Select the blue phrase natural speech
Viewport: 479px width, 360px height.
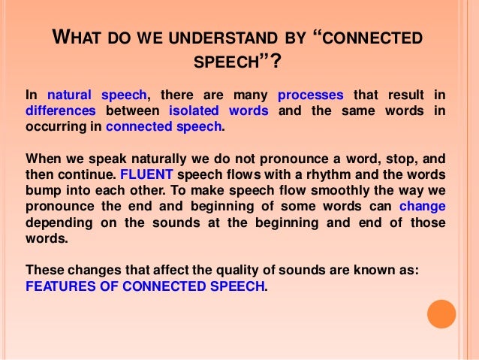pyautogui.click(x=98, y=95)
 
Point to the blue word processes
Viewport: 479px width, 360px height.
pyautogui.click(x=310, y=95)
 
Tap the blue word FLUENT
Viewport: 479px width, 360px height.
pyautogui.click(x=139, y=174)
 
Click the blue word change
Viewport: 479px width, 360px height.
pyautogui.click(x=423, y=206)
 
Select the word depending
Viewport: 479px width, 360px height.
pyautogui.click(x=56, y=222)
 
